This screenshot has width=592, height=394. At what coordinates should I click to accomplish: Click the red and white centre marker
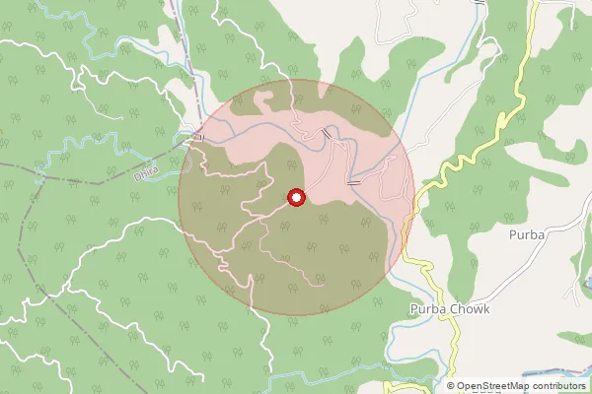point(295,198)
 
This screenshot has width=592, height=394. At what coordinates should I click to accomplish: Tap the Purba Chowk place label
point(449,308)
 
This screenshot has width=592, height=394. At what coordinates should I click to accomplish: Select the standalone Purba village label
point(528,234)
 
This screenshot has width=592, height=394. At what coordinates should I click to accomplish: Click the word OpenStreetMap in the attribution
point(492,386)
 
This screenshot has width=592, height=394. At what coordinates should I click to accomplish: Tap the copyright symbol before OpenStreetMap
point(451,386)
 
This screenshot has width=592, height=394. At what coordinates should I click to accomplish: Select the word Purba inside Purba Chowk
point(426,308)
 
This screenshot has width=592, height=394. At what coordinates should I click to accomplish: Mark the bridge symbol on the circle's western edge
point(199,138)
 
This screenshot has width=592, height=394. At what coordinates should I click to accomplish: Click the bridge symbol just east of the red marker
point(353,182)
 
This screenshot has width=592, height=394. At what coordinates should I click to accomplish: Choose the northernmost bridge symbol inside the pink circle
point(327,132)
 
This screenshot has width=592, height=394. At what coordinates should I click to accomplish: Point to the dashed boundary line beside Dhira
point(89,180)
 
